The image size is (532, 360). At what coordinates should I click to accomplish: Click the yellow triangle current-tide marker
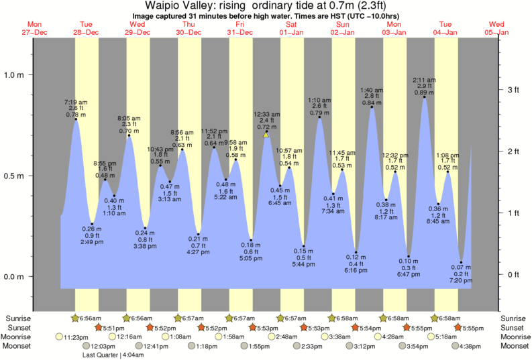[x=266, y=135]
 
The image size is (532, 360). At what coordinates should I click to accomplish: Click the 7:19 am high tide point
[x=76, y=119]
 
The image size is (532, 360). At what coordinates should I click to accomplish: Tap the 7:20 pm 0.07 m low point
[x=462, y=262]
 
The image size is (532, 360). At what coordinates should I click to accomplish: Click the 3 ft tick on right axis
[x=513, y=90]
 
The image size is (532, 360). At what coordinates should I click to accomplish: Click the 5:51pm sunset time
[x=113, y=327]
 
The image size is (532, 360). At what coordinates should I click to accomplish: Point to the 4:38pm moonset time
[x=473, y=346]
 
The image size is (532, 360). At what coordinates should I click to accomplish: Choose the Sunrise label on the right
[x=515, y=318]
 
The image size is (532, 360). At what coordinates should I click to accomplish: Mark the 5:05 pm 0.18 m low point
[x=252, y=240]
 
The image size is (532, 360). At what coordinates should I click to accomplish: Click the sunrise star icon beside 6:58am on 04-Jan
[x=435, y=318]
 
